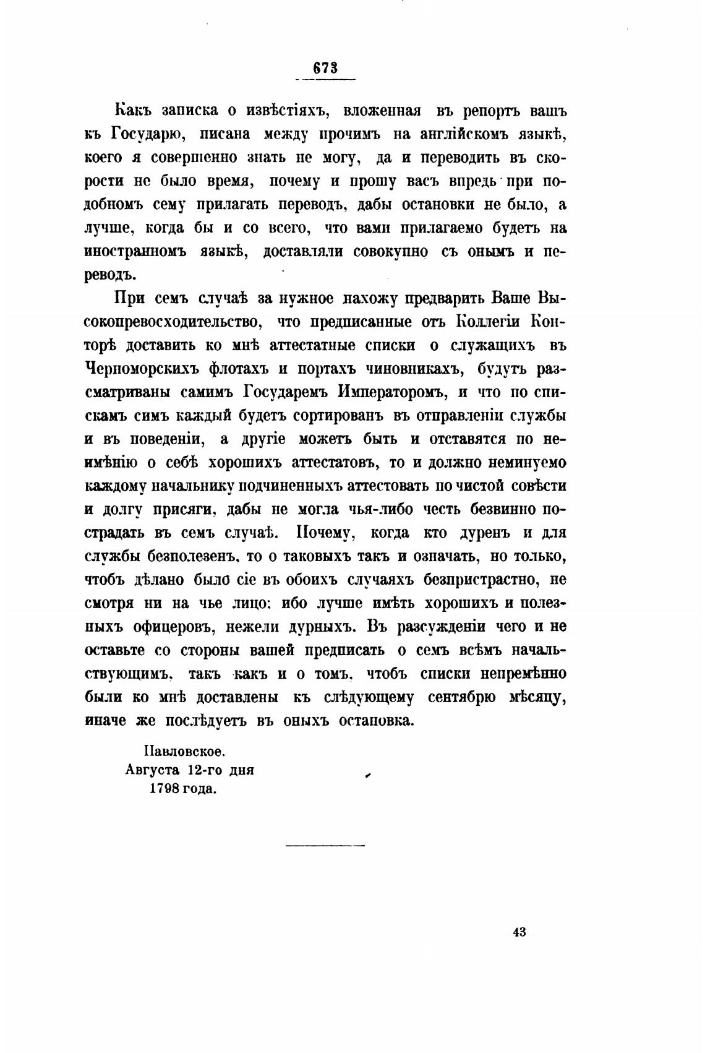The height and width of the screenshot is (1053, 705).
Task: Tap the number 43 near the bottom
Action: (519, 932)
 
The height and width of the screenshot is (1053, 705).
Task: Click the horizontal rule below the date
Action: (325, 845)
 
